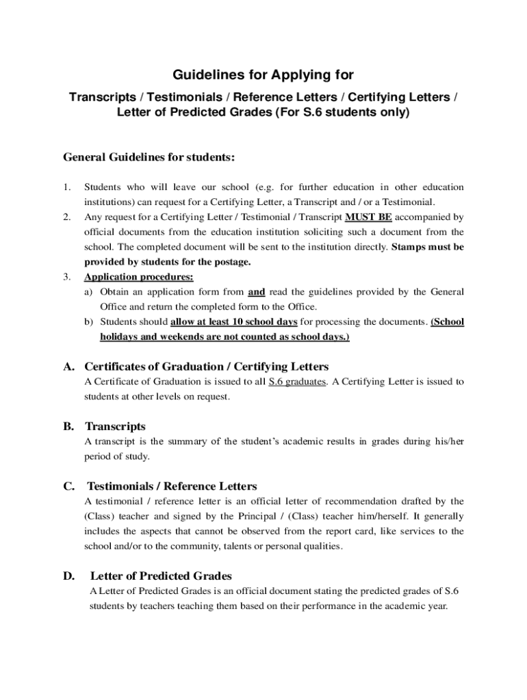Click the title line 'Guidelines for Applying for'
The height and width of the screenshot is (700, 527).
[x=263, y=74]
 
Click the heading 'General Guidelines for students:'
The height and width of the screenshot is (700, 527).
[x=149, y=157]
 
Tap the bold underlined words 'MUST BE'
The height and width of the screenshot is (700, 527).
[x=368, y=217]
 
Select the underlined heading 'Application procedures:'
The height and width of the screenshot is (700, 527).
[x=138, y=277]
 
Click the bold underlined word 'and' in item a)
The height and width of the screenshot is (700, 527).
[x=257, y=292]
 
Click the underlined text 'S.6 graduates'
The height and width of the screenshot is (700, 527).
[x=297, y=381]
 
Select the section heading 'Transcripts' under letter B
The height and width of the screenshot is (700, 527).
[x=115, y=427]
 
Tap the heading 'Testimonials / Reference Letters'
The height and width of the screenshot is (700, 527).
[x=172, y=486]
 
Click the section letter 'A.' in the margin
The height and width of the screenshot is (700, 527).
[x=69, y=366]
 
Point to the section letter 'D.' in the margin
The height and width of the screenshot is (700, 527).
[x=69, y=576]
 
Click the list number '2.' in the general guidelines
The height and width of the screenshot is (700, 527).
[x=67, y=217]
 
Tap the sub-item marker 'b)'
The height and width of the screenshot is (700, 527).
[x=89, y=321]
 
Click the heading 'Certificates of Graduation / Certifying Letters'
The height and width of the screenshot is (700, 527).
[x=206, y=366]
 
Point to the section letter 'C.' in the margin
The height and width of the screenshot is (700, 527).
[x=69, y=486]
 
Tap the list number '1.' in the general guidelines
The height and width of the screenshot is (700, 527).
[x=67, y=187]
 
